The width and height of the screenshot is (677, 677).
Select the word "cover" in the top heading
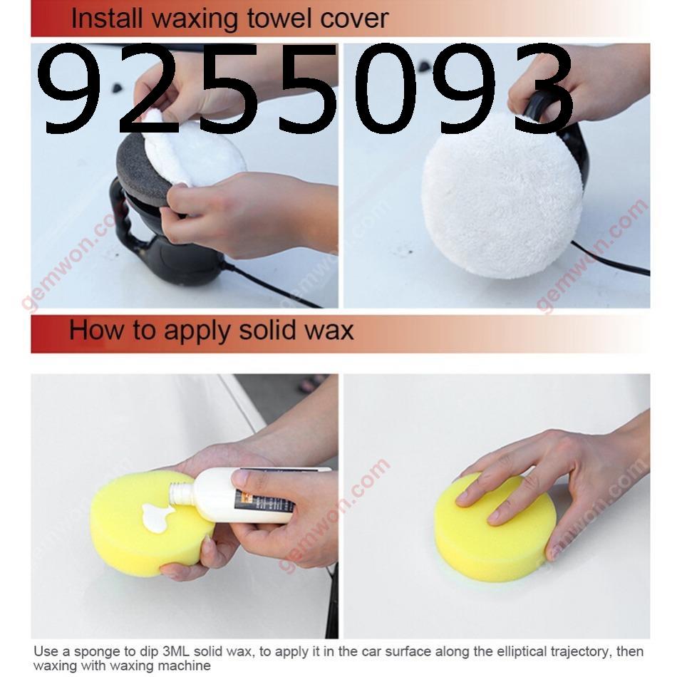tap(354, 20)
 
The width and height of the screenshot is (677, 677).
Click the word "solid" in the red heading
tap(267, 330)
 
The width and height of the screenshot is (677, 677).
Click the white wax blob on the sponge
tap(157, 517)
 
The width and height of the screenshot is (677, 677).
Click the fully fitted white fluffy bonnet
tap(502, 195)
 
